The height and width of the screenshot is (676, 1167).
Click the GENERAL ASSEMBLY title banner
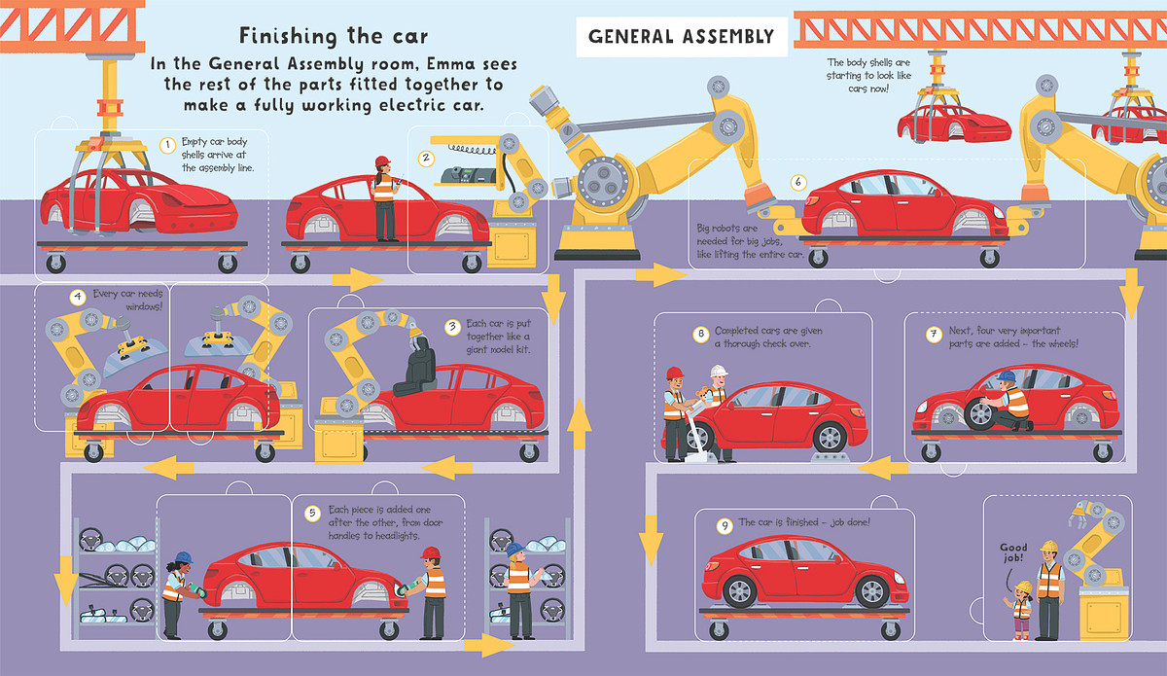pos(681,37)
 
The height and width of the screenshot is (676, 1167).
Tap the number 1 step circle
pos(167,146)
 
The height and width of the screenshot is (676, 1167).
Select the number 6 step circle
pos(797,182)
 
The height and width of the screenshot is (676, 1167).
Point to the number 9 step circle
pos(723,525)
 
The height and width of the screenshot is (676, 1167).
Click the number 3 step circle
pos(451,327)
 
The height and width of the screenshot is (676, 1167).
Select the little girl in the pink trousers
pos(1022,611)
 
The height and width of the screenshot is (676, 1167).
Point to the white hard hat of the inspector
pos(719,372)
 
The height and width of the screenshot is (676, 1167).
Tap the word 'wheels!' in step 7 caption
pos(1052,344)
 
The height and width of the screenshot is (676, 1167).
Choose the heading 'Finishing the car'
pos(334,37)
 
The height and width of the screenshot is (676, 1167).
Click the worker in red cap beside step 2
pos(384,199)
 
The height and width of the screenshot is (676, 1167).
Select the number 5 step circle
pos(311,513)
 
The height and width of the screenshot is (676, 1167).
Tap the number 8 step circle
pos(700,335)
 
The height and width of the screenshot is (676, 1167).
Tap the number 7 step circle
pos(933,335)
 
